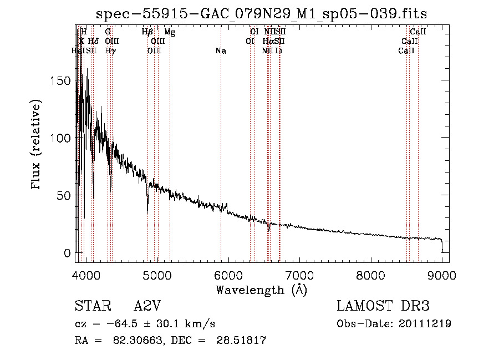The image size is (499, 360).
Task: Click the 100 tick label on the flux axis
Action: coord(62,138)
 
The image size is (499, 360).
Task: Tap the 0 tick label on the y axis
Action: coord(67,253)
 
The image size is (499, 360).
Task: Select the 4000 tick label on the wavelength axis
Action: coord(86,275)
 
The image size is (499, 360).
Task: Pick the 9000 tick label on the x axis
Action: coord(442,275)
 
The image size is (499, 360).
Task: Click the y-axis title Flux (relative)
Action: coord(37,145)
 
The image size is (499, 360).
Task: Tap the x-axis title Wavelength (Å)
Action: coord(262,290)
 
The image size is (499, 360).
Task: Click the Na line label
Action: coord(221,51)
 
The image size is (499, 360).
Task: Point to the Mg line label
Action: coord(170,33)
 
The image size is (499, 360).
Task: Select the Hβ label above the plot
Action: coord(147,33)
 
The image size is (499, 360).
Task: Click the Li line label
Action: coord(279,51)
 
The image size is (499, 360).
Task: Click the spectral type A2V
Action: coord(147,307)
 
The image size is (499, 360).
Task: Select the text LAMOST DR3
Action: coord(383,307)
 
